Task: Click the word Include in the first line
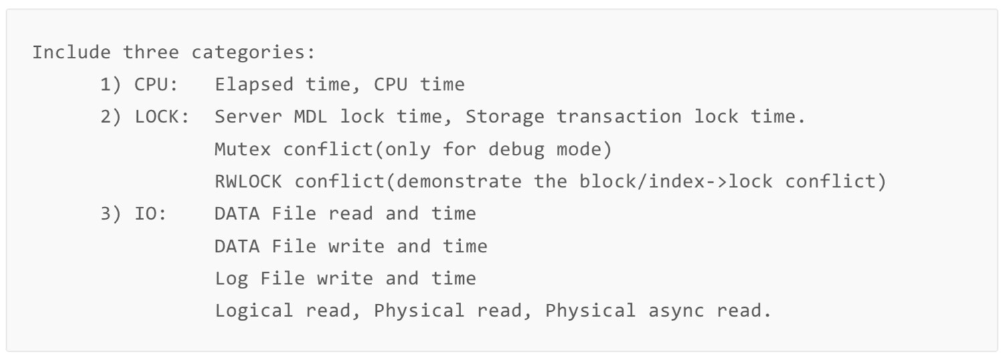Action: pyautogui.click(x=71, y=52)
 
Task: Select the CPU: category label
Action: pyautogui.click(x=157, y=85)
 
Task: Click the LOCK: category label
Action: pyautogui.click(x=162, y=117)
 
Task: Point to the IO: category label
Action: pyautogui.click(x=151, y=214)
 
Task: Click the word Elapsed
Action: pyautogui.click(x=254, y=85)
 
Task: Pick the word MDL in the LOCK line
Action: pyautogui.click(x=311, y=117)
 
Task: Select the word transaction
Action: pyautogui.click(x=619, y=117)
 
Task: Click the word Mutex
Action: pyautogui.click(x=243, y=149)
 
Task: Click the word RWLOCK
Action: pyautogui.click(x=248, y=181)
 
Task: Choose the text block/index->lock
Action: pyautogui.click(x=676, y=181)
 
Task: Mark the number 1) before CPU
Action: pyautogui.click(x=110, y=85)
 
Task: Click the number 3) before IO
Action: pyautogui.click(x=110, y=214)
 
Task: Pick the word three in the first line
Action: pyautogui.click(x=151, y=52)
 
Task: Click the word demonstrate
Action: pyautogui.click(x=459, y=181)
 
